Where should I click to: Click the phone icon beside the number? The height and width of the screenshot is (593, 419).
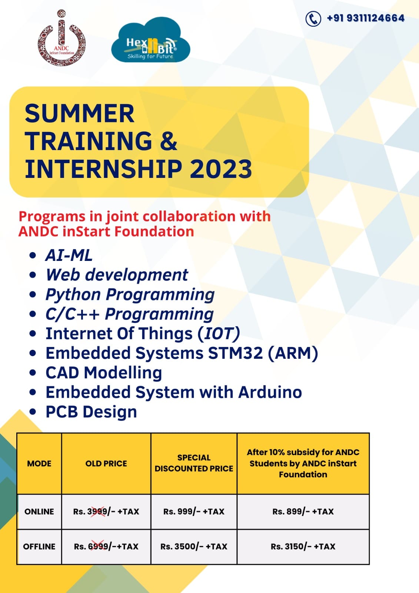click(313, 19)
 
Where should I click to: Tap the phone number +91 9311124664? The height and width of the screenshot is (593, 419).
click(366, 18)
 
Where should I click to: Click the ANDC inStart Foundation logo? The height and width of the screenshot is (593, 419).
click(61, 37)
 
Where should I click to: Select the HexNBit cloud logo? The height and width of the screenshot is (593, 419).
click(151, 40)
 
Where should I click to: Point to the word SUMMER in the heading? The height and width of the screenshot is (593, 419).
click(79, 113)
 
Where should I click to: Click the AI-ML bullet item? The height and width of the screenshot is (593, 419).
click(69, 255)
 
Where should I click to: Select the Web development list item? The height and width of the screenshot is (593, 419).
click(117, 275)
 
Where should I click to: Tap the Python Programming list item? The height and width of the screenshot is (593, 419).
click(130, 295)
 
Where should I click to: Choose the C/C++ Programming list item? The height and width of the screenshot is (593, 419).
click(129, 314)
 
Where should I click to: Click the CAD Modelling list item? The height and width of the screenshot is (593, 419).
click(104, 373)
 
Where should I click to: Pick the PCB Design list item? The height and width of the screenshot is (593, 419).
click(91, 412)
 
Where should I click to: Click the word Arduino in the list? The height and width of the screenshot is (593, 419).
click(270, 392)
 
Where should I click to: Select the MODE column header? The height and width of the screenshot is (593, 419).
click(39, 463)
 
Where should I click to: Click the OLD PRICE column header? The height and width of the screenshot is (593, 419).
click(106, 463)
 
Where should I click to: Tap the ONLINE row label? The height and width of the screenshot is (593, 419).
click(39, 511)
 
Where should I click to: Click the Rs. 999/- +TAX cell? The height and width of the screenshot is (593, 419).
click(194, 511)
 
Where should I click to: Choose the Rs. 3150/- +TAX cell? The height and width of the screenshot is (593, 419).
click(303, 546)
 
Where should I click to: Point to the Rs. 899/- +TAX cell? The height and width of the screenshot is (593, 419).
click(303, 511)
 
